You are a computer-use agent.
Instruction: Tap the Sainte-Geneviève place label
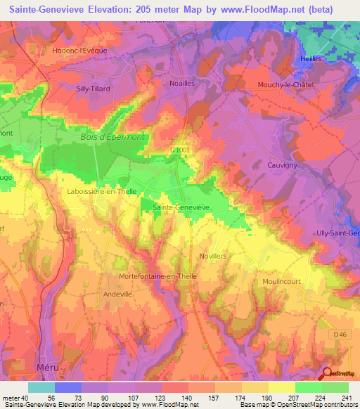181,207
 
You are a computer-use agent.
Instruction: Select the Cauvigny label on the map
281,165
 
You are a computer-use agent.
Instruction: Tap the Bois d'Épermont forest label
112,137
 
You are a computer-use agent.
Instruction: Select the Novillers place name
213,257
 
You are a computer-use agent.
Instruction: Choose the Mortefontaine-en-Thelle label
159,276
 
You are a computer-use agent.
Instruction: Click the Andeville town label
117,294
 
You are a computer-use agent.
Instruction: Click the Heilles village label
310,58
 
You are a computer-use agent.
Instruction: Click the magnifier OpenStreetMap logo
328,374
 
